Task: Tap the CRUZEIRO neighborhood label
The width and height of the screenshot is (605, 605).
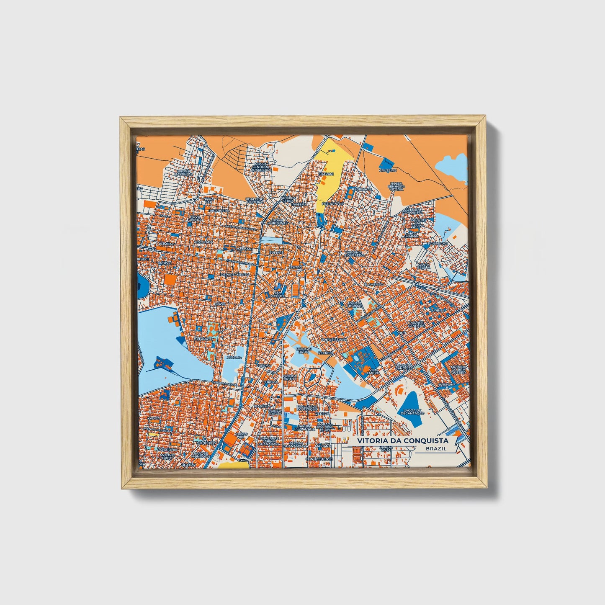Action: click(x=387, y=170)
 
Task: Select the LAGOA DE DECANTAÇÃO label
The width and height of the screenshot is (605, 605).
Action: click(x=412, y=412)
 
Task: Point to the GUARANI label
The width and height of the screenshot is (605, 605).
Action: click(x=326, y=173)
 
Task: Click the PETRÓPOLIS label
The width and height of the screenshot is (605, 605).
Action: click(x=332, y=203)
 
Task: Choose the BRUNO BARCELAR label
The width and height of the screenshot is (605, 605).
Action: click(x=184, y=172)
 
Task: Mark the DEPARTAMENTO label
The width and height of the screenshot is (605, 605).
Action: click(x=235, y=274)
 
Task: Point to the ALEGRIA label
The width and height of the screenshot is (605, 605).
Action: click(x=234, y=357)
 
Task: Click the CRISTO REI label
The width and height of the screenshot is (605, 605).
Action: click(x=241, y=436)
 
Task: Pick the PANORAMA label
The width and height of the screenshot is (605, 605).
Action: click(x=438, y=243)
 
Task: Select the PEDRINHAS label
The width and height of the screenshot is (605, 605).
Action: click(x=362, y=189)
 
